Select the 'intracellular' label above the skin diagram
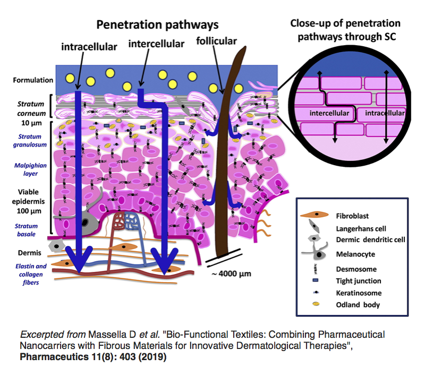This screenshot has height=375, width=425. tap(89, 47)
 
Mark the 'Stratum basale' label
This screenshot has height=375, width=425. tap(27, 229)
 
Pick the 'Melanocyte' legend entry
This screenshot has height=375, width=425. tap(355, 254)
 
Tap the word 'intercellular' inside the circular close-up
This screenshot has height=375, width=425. tap(329, 113)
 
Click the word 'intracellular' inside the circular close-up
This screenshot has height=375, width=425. tap(381, 113)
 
